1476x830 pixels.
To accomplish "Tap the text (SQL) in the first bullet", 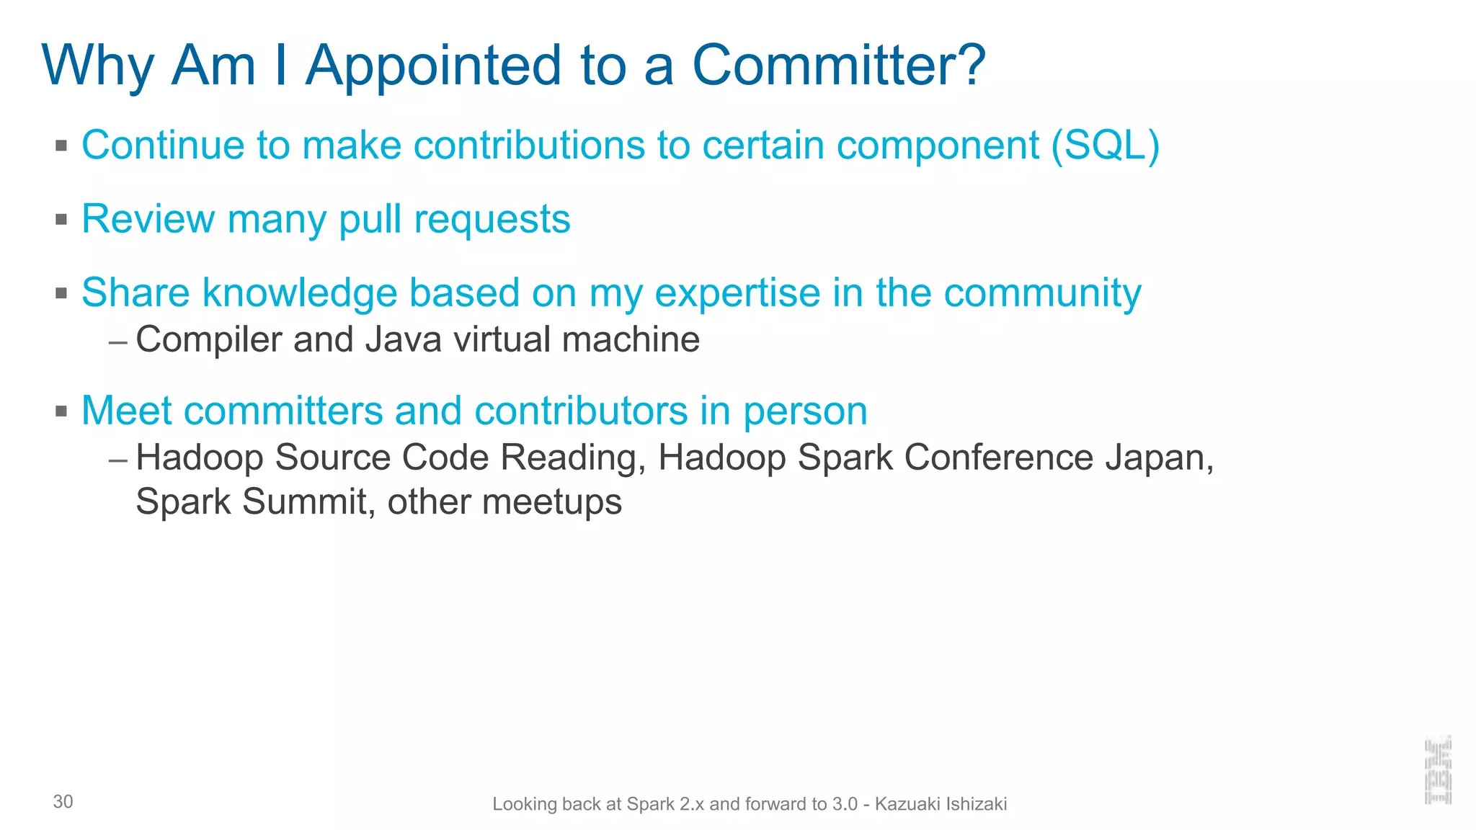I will click(x=1105, y=145).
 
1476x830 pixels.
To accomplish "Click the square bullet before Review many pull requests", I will click(x=61, y=219).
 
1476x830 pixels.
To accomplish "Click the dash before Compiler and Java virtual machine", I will click(x=118, y=341).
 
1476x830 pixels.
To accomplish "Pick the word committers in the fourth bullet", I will click(x=283, y=411).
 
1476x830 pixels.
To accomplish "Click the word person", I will click(x=805, y=411).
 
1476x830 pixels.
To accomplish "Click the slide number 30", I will click(x=63, y=802).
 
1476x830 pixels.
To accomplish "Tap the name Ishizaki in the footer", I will click(x=976, y=804).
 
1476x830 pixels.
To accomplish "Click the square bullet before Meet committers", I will click(x=61, y=411).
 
